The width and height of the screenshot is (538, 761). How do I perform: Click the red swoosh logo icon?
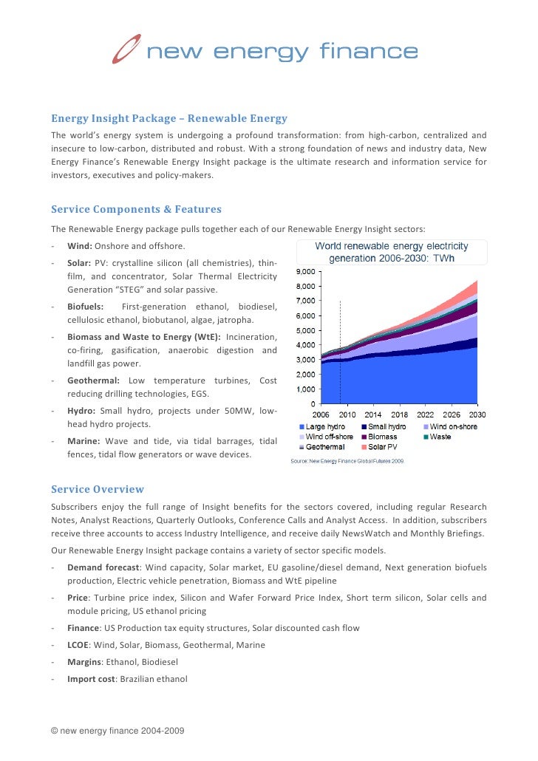coord(126,50)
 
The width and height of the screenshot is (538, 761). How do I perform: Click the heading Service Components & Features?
coord(136,209)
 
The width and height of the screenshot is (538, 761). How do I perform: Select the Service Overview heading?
coord(98,489)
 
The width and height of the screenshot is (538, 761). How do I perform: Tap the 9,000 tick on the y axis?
coord(306,272)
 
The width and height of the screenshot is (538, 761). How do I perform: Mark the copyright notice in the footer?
coord(117,731)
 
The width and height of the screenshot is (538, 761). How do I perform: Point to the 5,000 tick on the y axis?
coord(306,330)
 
